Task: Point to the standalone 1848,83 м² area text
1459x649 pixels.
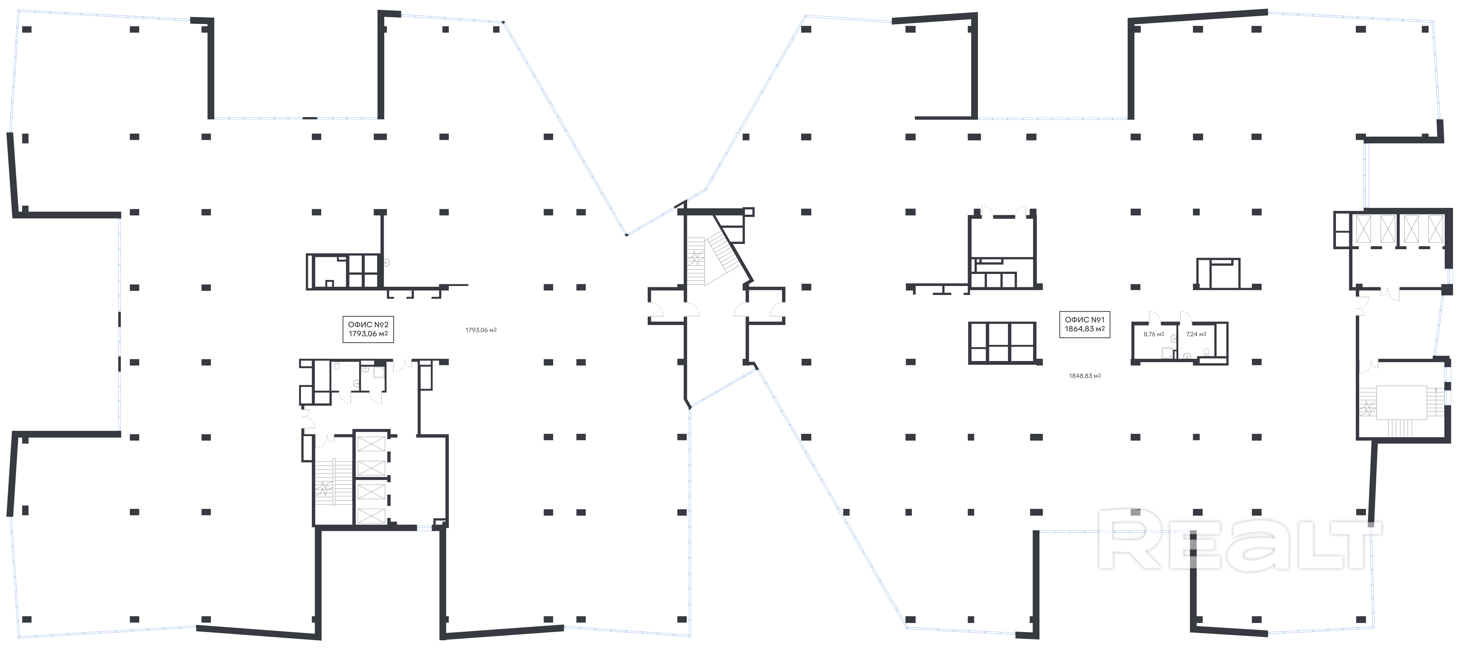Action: tap(1085, 376)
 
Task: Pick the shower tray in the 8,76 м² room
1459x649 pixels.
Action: tap(1167, 354)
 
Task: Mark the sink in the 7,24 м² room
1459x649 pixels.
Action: tap(1187, 356)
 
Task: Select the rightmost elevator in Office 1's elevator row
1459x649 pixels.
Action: tap(1435, 228)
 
